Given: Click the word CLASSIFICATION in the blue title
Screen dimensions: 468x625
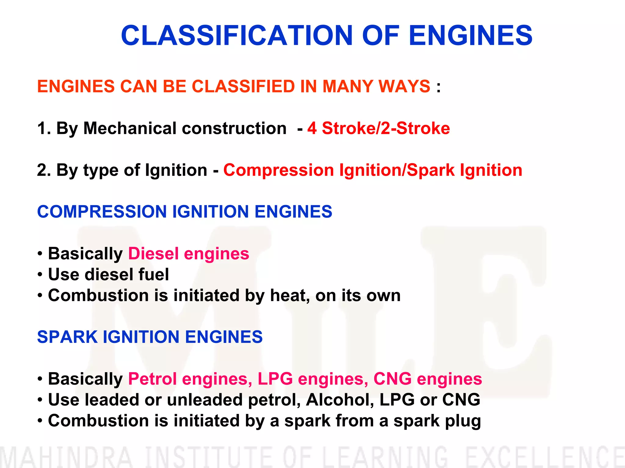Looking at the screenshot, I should point(237,36).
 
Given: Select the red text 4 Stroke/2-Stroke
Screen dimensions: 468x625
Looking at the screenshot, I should point(378,128).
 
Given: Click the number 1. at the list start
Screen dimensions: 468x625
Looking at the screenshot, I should point(44,128).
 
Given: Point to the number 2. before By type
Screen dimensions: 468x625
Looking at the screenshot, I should point(44,170).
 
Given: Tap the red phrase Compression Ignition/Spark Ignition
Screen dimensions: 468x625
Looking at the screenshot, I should point(373,170).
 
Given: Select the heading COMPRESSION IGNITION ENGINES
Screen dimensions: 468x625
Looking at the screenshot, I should point(185,211).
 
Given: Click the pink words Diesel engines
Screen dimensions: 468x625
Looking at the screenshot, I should point(189,254).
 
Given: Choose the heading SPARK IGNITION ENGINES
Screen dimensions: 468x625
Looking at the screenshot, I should point(150,337).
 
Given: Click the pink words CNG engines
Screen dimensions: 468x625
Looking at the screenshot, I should point(428,379).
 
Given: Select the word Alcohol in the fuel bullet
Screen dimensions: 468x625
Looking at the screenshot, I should point(339,400).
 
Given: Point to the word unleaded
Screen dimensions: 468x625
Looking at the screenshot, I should point(205,400).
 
